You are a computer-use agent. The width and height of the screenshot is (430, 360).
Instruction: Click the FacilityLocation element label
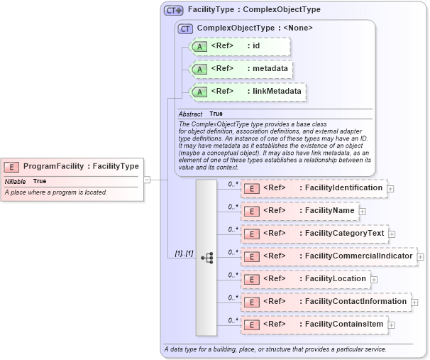click(x=305, y=279)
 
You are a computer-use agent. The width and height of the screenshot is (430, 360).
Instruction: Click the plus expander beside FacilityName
click(x=363, y=211)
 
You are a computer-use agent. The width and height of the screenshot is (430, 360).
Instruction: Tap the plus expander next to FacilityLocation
click(x=374, y=279)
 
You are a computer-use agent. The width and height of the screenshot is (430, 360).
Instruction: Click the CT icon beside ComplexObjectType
click(x=186, y=28)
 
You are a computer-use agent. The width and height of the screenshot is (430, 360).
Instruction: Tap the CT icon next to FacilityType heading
click(x=173, y=10)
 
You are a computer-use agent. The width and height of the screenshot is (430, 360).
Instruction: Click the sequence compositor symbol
click(x=206, y=258)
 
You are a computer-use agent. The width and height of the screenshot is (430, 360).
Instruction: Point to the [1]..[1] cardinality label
click(x=184, y=253)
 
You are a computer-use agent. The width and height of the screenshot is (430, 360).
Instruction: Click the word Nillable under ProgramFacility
click(x=16, y=181)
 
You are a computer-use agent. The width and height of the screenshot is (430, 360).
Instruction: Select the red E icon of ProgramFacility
click(x=11, y=166)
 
